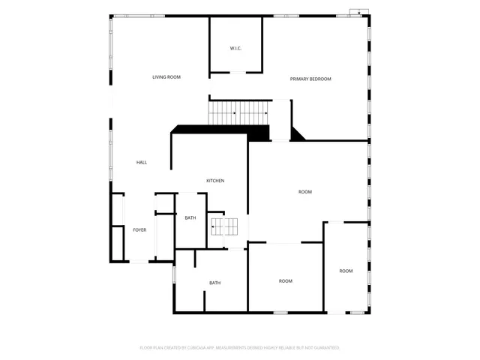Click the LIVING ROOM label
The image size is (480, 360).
coord(166,77)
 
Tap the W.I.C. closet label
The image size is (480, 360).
coord(235,49)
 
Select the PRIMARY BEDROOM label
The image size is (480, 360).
coord(310,79)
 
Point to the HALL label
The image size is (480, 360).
coord(141,162)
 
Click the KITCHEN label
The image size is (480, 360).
coord(215,181)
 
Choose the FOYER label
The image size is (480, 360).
coord(139,229)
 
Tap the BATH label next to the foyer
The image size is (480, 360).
coord(190,217)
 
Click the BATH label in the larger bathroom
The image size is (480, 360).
coord(214,283)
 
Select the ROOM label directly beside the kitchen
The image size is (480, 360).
coord(305,192)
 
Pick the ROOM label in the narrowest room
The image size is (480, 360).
coord(346,271)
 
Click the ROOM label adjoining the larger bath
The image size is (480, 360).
coord(286,281)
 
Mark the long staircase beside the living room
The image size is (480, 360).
coord(238,113)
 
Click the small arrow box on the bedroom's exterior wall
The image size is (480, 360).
coord(358,12)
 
